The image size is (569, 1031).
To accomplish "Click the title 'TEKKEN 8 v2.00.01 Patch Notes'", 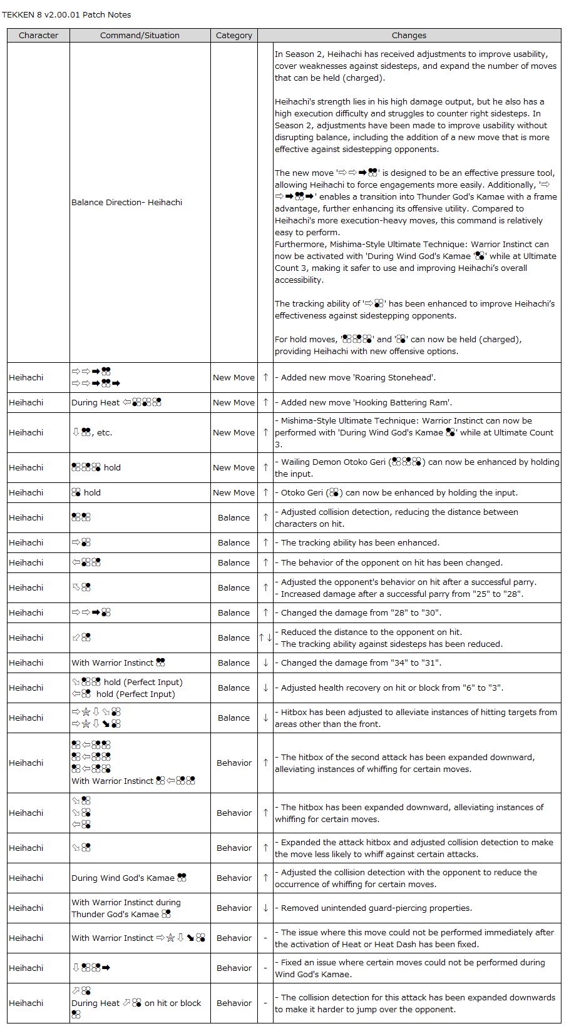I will pos(66,14).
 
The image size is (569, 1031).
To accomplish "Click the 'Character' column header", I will pos(38,36).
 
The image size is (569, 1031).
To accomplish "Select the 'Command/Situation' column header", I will pos(140,36).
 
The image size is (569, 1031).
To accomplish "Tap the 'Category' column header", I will pos(234,36).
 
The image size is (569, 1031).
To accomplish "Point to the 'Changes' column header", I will pos(409,36).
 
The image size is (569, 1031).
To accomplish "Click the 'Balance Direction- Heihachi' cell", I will pos(127,202).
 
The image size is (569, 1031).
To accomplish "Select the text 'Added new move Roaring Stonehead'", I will pos(358,377).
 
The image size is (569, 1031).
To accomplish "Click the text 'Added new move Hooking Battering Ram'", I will pos(366,402).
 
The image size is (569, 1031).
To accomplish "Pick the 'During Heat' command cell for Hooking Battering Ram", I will pos(116,402).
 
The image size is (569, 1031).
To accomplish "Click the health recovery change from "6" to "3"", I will pos(392,688).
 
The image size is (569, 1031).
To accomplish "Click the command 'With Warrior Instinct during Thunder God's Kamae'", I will pos(126,908).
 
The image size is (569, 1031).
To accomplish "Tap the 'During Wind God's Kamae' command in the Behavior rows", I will pos(129,878).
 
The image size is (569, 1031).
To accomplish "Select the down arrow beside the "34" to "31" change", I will pos(265,663).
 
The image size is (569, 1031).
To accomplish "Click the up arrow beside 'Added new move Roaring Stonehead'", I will pos(265,377).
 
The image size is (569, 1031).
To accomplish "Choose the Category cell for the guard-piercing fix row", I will pos(234,908).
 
